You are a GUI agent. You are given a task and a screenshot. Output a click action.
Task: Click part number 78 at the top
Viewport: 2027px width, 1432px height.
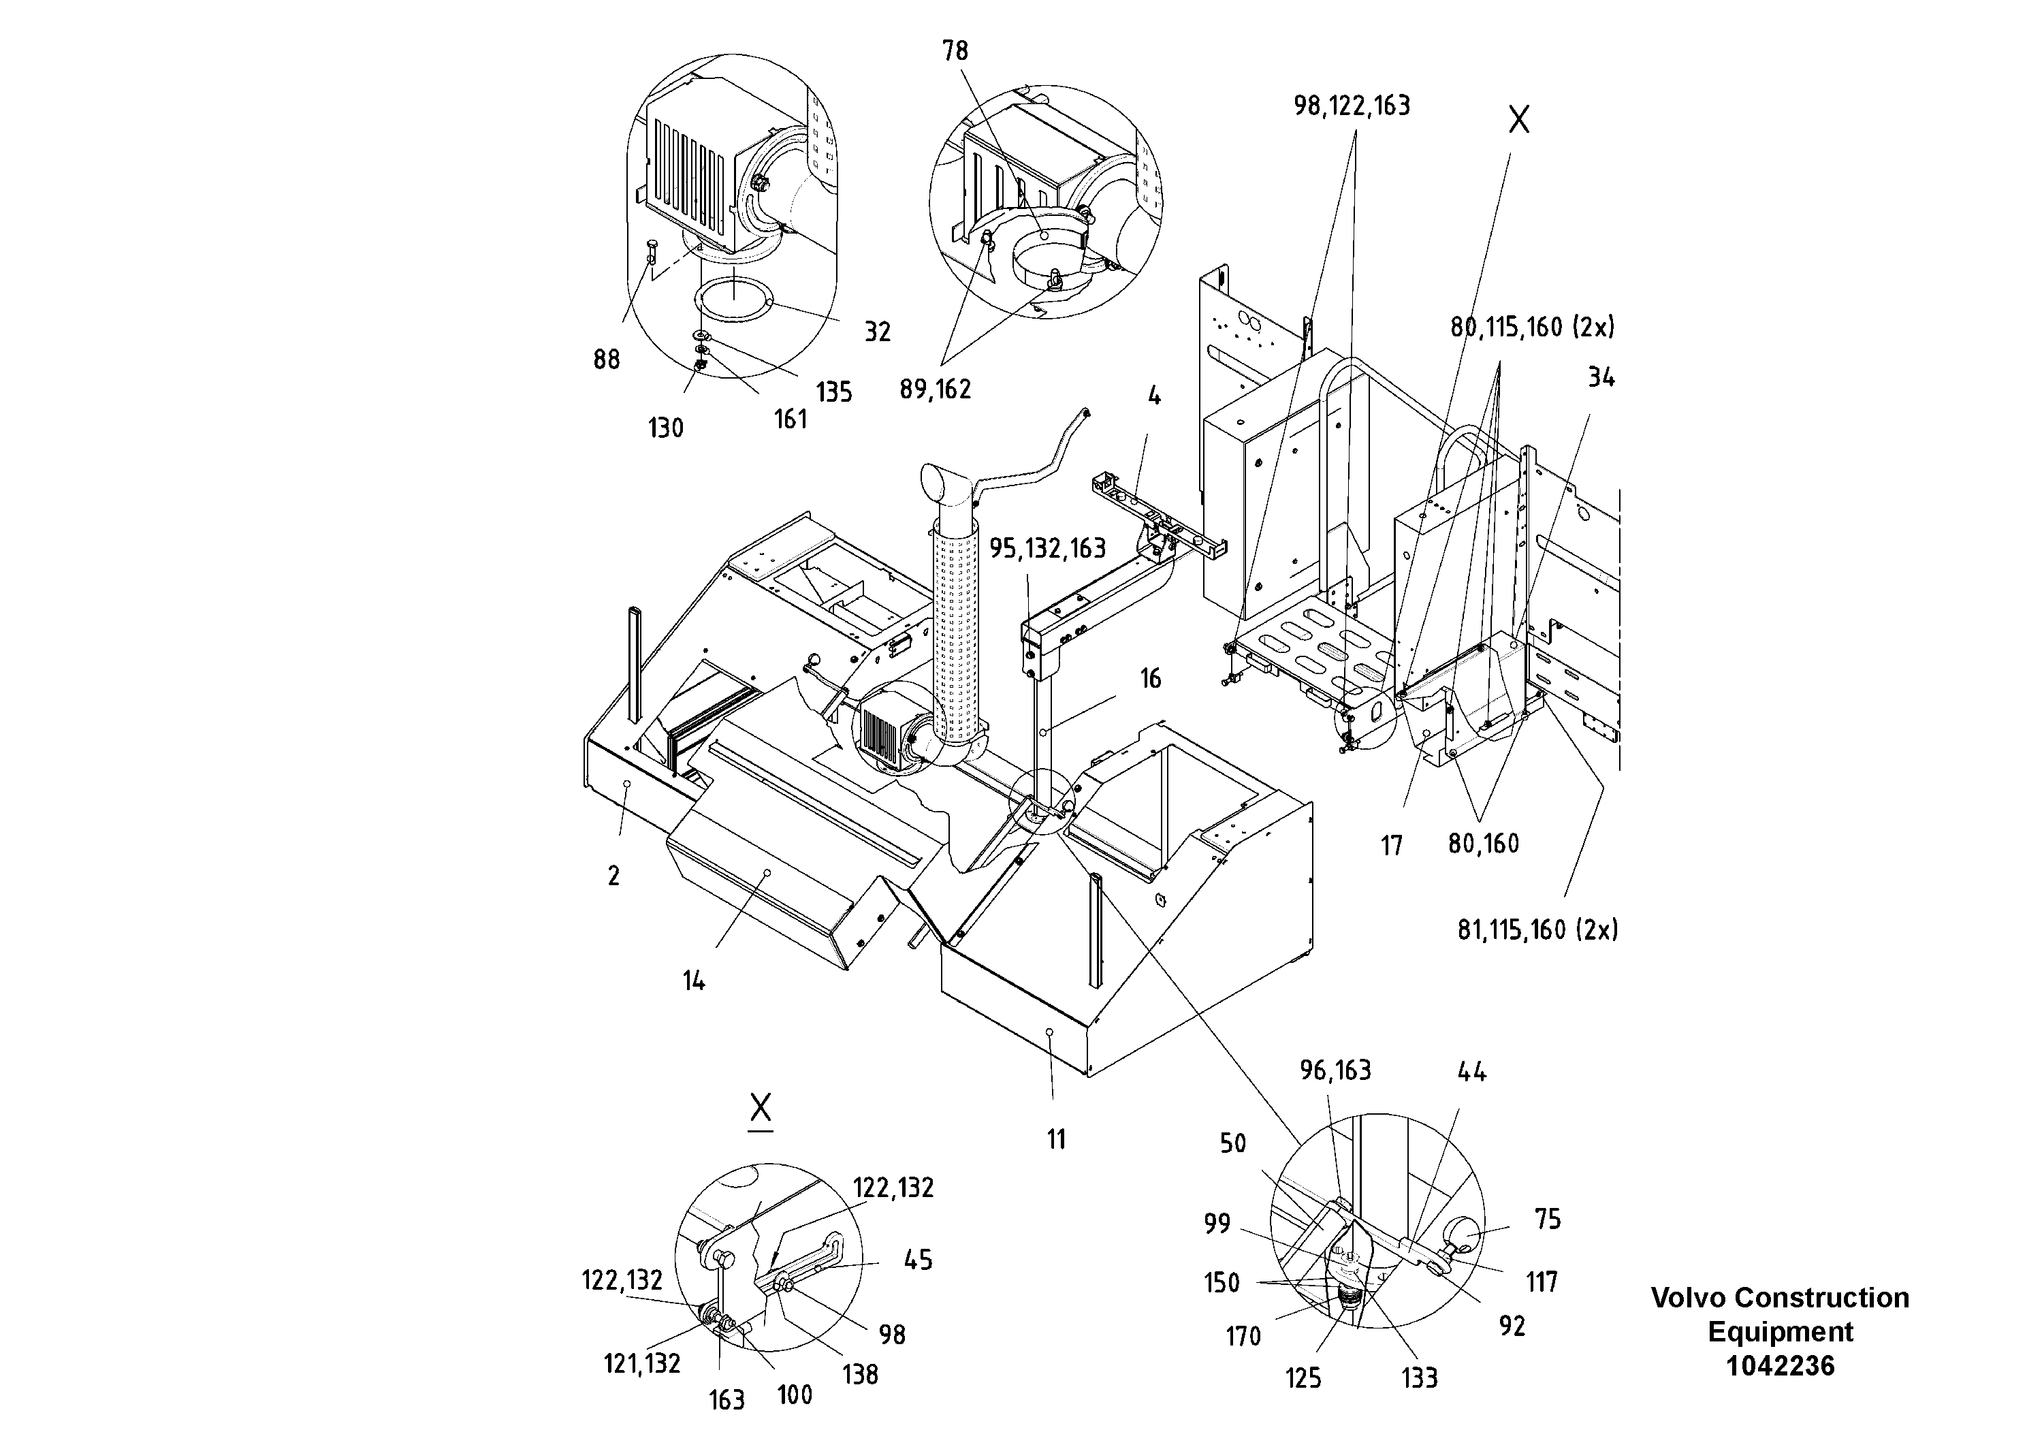[x=955, y=51]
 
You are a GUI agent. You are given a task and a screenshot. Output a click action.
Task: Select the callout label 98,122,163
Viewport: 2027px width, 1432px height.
[x=1352, y=106]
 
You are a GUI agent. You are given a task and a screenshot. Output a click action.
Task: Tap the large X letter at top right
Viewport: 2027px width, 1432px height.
[x=1518, y=119]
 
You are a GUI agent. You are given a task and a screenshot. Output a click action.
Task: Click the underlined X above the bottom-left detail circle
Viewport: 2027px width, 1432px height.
[x=760, y=1108]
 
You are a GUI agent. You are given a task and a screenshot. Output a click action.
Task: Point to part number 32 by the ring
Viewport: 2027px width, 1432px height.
[x=877, y=332]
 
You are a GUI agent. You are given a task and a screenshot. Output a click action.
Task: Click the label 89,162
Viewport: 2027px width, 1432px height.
[x=935, y=389]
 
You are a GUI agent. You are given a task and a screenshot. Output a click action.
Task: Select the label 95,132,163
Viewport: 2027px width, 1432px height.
[x=1047, y=549]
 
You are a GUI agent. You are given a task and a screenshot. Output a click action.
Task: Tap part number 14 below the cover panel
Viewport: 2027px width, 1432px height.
[x=694, y=981]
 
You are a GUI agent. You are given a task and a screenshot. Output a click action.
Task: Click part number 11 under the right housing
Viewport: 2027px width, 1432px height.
[x=1056, y=1140]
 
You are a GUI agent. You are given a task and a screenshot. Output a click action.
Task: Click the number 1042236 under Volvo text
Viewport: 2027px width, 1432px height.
[x=1780, y=1366]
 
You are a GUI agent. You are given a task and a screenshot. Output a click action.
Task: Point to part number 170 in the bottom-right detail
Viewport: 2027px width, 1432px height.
[x=1243, y=1337]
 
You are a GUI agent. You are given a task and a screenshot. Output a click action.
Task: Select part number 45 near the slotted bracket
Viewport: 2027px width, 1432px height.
[x=918, y=1260]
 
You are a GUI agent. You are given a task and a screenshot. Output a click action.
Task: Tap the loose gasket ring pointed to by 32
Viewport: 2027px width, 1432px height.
[x=733, y=302]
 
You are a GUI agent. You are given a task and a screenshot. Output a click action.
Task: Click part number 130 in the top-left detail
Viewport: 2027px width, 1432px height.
[x=666, y=428]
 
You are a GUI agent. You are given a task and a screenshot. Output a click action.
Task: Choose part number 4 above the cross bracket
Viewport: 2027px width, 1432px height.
[x=1154, y=396]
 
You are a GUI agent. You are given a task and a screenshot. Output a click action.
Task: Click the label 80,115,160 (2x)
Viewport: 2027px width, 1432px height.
[x=1533, y=328]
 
